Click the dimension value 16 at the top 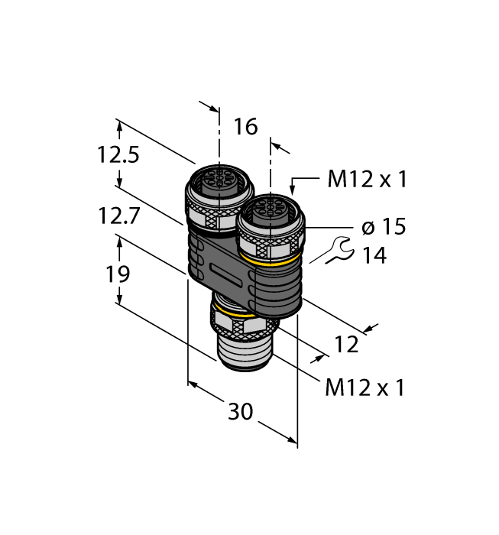(245, 126)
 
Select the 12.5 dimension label (118, 155)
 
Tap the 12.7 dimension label (118, 216)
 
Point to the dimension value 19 (118, 274)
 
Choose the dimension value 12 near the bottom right (346, 345)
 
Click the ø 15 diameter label (382, 227)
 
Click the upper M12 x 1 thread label (367, 180)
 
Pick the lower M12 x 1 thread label (364, 387)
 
